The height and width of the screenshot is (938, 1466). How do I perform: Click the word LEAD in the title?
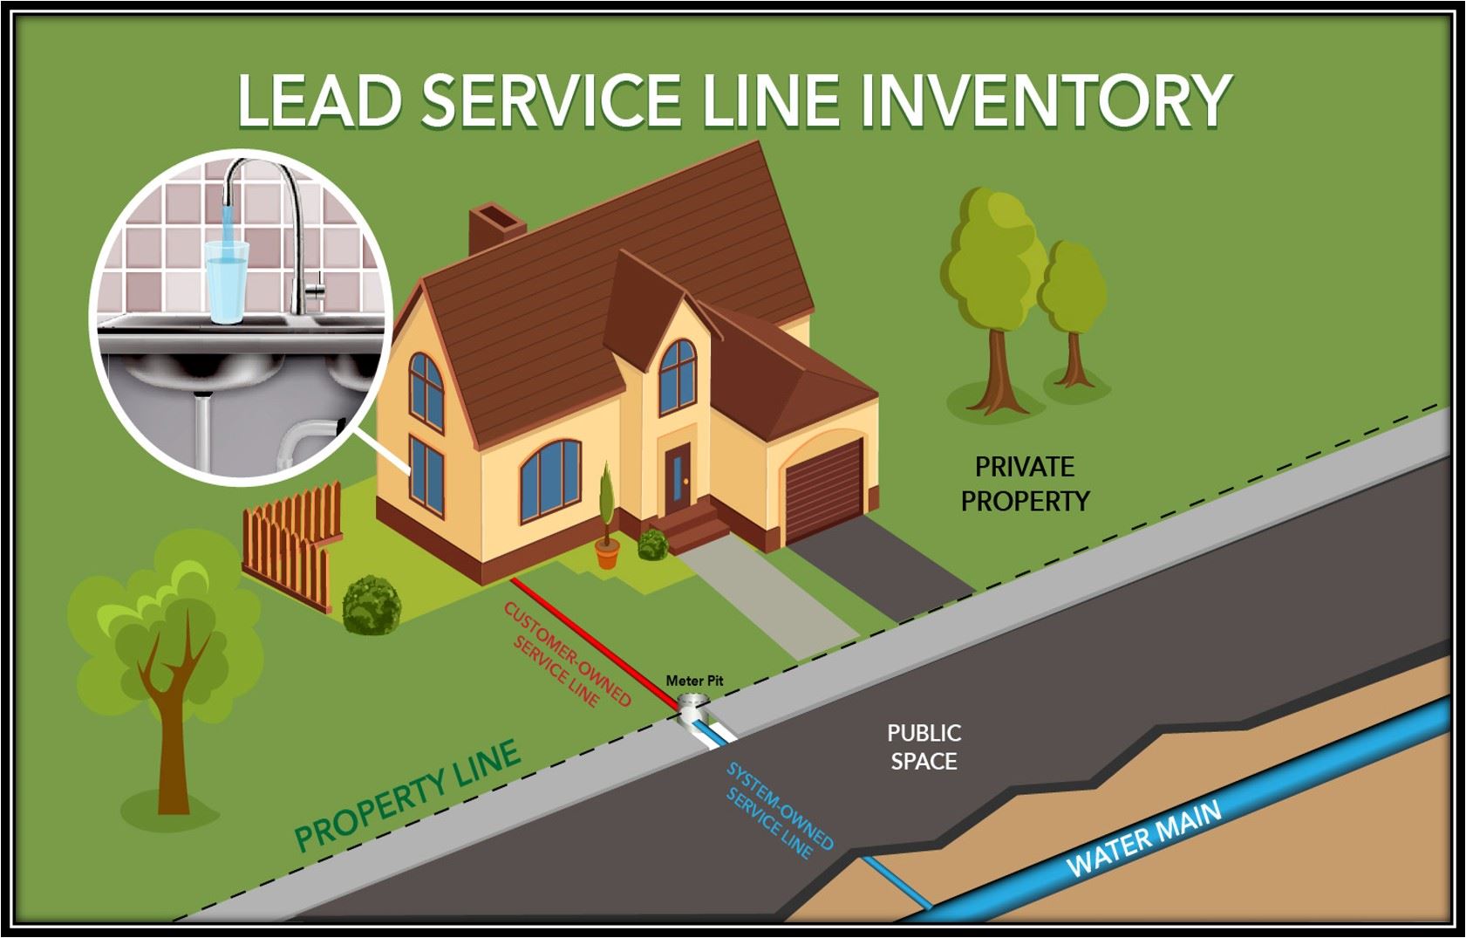(319, 99)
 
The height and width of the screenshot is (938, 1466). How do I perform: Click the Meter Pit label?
(694, 681)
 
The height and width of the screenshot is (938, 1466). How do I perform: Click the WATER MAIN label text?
(1143, 839)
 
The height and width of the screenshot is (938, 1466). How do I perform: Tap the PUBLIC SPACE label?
(924, 747)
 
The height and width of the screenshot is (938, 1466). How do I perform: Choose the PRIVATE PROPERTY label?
(1025, 484)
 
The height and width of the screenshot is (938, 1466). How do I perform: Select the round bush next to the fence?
(372, 604)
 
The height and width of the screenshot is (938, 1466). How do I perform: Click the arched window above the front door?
(677, 376)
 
